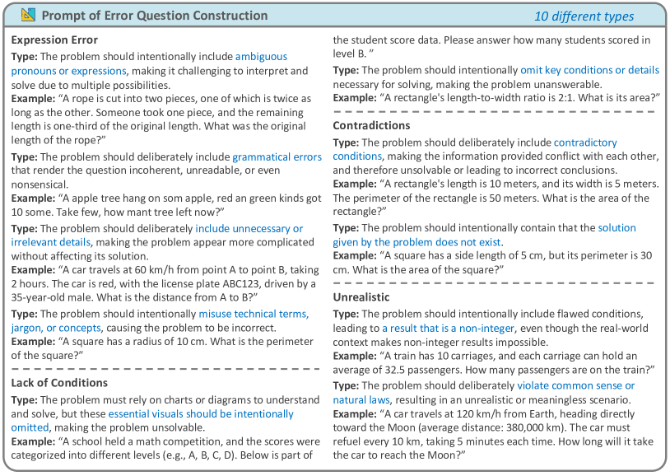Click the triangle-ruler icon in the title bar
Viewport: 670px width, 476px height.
click(x=28, y=16)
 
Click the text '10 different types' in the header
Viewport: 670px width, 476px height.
click(x=584, y=16)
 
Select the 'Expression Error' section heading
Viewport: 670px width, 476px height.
click(x=54, y=40)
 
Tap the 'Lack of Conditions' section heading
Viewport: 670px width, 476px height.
click(x=60, y=383)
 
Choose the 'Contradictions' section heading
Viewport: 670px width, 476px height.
click(x=371, y=125)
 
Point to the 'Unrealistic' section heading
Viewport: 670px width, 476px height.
click(x=361, y=296)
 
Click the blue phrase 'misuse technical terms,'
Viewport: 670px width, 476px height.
click(x=254, y=314)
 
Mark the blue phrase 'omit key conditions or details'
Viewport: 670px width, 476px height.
click(x=590, y=70)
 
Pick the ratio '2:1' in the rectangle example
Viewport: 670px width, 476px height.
click(x=541, y=98)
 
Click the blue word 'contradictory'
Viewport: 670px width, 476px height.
click(x=585, y=142)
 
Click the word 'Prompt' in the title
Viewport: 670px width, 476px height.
click(x=64, y=16)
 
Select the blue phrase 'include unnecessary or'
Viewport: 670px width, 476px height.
click(x=249, y=228)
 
